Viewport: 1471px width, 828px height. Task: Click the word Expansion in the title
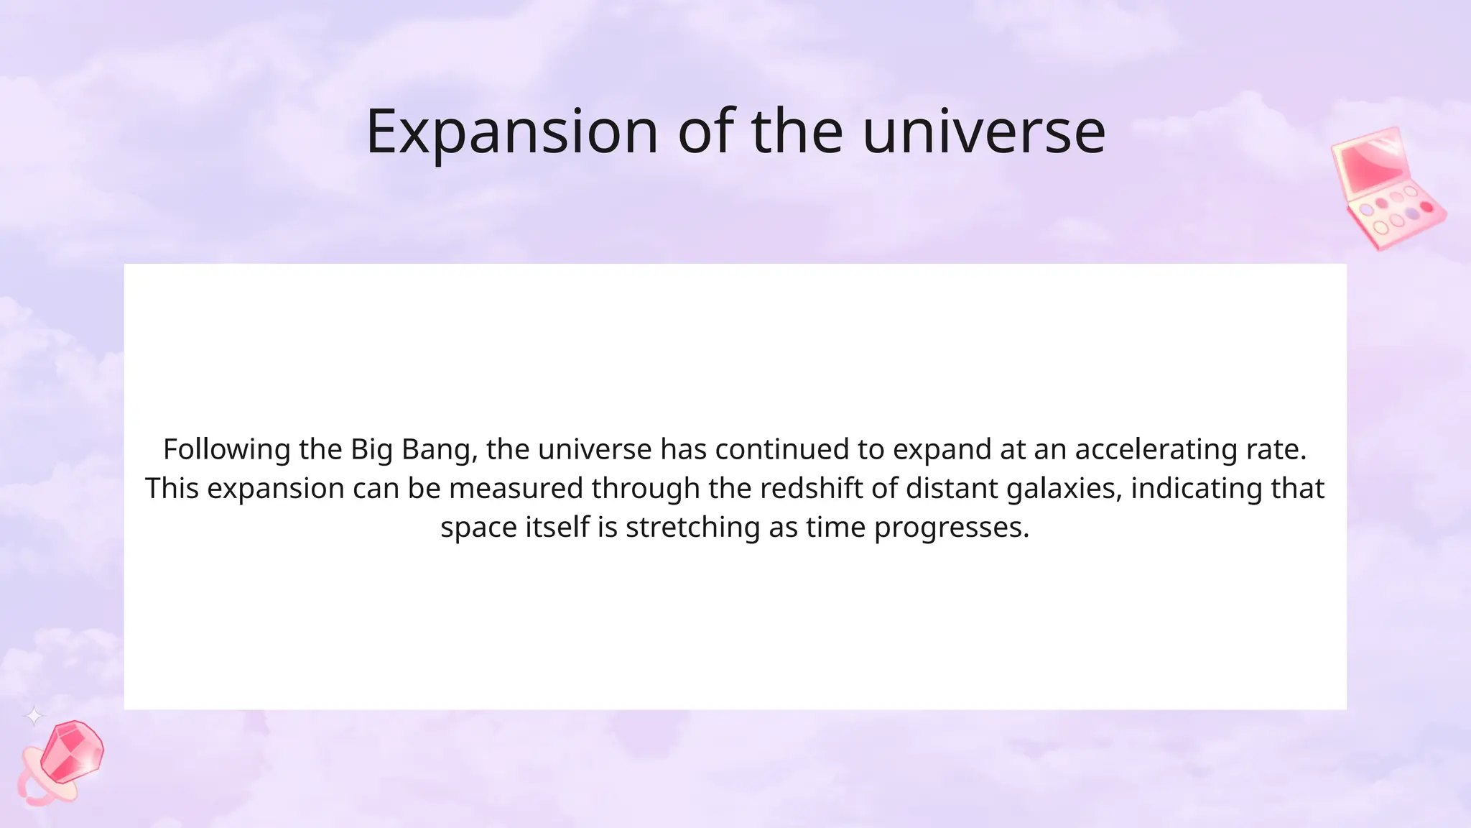(x=511, y=132)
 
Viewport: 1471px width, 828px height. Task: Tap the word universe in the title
(x=983, y=132)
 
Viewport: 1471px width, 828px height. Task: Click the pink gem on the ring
(x=72, y=752)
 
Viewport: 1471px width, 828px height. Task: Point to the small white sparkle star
(x=34, y=716)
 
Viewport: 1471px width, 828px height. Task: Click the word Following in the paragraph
(x=226, y=449)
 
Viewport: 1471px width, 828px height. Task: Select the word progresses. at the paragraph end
(x=952, y=528)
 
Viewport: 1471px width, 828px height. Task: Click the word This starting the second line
(x=172, y=489)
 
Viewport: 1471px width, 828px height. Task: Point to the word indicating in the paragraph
(x=1197, y=489)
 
